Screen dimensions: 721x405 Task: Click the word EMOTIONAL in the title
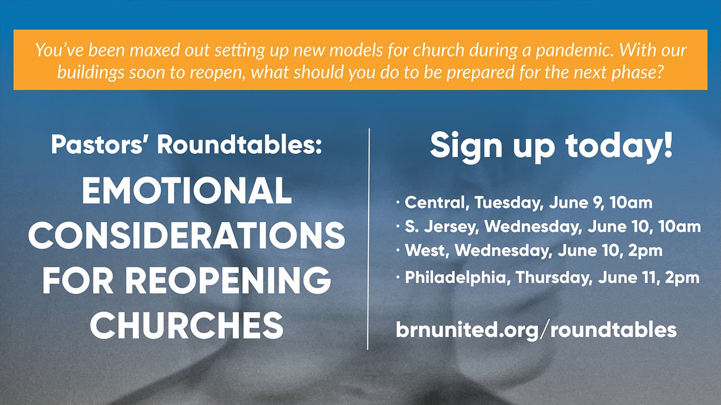point(186,191)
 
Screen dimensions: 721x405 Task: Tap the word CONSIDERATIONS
point(186,235)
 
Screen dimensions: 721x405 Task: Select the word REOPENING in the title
point(228,280)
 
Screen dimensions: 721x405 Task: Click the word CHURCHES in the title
point(186,325)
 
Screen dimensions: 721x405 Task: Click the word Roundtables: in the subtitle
point(239,144)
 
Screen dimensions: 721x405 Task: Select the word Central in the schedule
point(435,203)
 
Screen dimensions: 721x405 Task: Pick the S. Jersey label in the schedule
point(440,227)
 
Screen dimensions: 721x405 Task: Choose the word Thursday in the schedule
point(554,277)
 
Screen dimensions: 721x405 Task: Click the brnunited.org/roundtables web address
point(536,330)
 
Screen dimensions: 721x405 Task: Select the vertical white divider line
point(369,239)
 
